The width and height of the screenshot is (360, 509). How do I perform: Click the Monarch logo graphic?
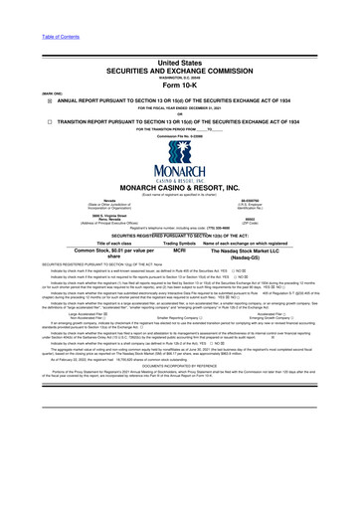tap(179, 143)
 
